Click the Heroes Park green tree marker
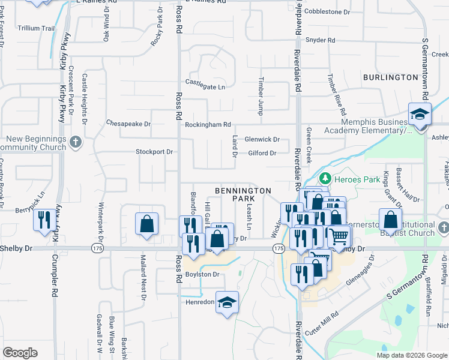click(325, 178)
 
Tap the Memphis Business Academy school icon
click(420, 113)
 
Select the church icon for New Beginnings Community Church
click(75, 142)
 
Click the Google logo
click(20, 353)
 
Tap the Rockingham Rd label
click(208, 125)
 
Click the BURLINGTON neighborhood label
click(390, 77)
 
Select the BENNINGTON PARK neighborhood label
click(243, 194)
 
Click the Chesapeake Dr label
click(128, 123)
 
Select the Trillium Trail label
click(36, 28)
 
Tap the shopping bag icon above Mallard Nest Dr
click(146, 224)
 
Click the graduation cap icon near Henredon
click(228, 302)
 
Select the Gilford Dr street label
click(262, 153)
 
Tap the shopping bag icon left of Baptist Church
click(391, 221)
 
